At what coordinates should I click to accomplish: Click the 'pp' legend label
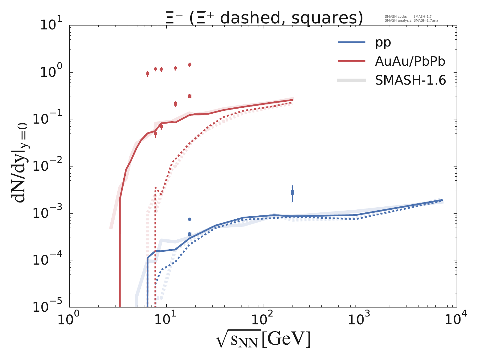click(x=383, y=43)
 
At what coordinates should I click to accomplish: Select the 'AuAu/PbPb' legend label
click(x=410, y=61)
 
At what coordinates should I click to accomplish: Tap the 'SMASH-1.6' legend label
click(x=410, y=80)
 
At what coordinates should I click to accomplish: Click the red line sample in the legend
click(x=352, y=61)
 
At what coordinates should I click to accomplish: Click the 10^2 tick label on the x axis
click(x=263, y=320)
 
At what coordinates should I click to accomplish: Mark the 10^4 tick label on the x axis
click(x=457, y=320)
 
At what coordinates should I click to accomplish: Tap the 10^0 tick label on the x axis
click(x=70, y=320)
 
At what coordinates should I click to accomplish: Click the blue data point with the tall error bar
click(x=292, y=192)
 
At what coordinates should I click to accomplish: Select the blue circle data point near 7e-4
click(x=190, y=219)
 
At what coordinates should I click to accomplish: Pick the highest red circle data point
click(x=190, y=64)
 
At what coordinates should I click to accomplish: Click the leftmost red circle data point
click(x=148, y=73)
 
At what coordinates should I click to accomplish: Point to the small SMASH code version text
click(x=408, y=17)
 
